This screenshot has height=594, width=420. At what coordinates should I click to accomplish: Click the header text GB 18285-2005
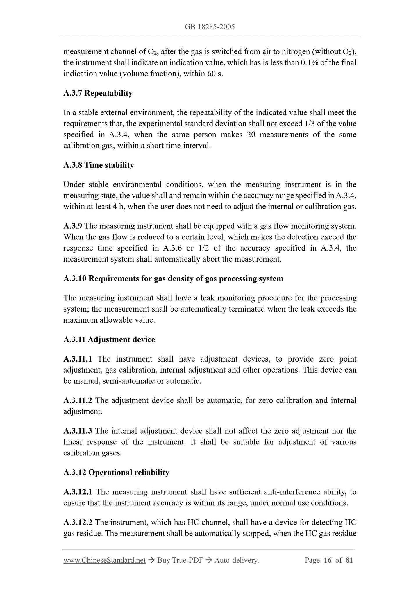pyautogui.click(x=210, y=27)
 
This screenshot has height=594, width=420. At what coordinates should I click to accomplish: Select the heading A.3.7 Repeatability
pyautogui.click(x=98, y=93)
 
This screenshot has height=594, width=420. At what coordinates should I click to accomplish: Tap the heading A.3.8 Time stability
pyautogui.click(x=99, y=165)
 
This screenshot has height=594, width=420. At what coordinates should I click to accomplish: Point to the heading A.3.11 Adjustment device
pyautogui.click(x=109, y=339)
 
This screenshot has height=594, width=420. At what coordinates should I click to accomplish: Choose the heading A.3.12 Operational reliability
pyautogui.click(x=116, y=472)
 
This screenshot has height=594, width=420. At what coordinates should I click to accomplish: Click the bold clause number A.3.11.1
pyautogui.click(x=78, y=359)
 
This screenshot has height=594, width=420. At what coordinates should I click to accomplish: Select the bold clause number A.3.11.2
pyautogui.click(x=78, y=400)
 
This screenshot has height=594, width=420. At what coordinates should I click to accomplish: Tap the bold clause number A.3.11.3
pyautogui.click(x=78, y=431)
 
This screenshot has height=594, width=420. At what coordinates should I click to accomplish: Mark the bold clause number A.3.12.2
pyautogui.click(x=78, y=522)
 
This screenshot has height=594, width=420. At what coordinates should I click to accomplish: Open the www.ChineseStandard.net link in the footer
pyautogui.click(x=104, y=560)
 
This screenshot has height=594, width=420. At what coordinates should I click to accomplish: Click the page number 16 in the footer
pyautogui.click(x=328, y=560)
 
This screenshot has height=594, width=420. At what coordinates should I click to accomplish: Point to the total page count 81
pyautogui.click(x=349, y=560)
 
